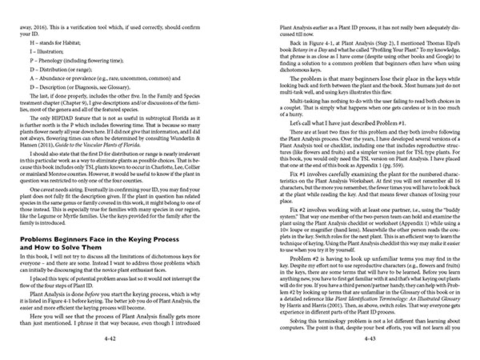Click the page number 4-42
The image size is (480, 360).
[x=119, y=341]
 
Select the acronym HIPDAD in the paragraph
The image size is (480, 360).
[x=57, y=125]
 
